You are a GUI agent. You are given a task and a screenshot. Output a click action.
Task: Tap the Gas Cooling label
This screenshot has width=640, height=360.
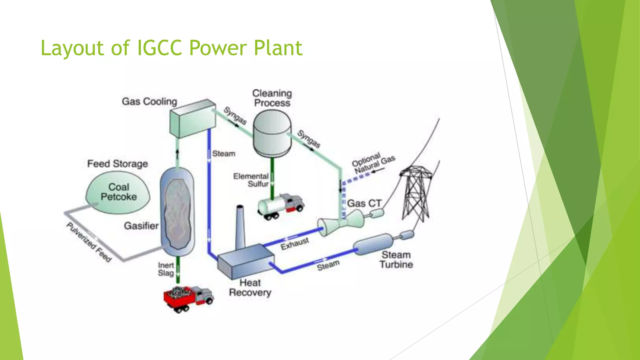[x=149, y=102]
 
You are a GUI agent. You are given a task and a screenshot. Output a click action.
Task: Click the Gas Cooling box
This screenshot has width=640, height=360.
[x=192, y=119]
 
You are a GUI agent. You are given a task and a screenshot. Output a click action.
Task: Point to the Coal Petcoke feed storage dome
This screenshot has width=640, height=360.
[x=118, y=192]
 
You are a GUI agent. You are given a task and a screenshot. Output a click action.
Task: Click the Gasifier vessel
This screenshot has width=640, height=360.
[x=177, y=212]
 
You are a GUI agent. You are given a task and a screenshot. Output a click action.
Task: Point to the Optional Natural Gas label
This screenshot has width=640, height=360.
[x=373, y=162]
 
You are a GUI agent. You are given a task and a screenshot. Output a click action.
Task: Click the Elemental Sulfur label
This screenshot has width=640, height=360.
[x=252, y=180]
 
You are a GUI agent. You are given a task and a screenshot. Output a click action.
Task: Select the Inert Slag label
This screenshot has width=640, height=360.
[x=166, y=269]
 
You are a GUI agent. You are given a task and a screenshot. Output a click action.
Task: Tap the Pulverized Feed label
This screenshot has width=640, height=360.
[x=89, y=242]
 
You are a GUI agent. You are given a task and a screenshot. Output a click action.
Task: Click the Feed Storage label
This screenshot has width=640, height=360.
[x=117, y=164]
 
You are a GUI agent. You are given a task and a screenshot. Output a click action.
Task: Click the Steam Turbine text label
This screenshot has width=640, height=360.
[x=396, y=260]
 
